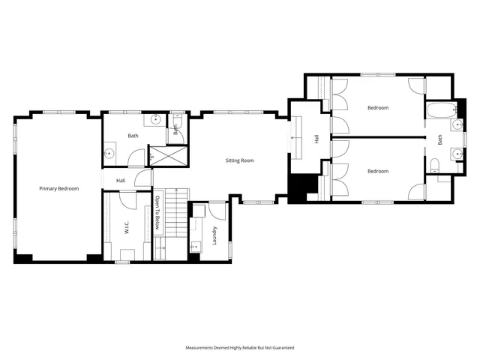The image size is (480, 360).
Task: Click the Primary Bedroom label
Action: pos(58,189)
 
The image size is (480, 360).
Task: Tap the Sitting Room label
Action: pos(240,160)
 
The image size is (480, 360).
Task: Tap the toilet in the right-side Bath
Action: pos(434,165)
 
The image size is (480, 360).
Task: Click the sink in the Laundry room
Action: pos(196,244)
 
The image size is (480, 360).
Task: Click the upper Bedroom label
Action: pos(377,108)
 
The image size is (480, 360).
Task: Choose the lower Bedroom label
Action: pos(377,171)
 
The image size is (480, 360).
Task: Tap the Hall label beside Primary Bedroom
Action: pos(120,181)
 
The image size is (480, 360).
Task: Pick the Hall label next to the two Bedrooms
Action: pos(316,139)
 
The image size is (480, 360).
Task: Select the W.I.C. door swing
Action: pos(128,200)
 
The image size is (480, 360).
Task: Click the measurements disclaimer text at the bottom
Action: pos(240,348)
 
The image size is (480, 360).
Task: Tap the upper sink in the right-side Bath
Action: pos(455,124)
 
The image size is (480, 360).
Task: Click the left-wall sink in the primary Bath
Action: pos(110,154)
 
